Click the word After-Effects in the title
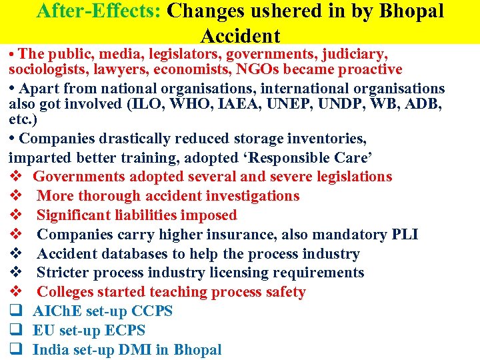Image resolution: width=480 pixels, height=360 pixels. (x=99, y=11)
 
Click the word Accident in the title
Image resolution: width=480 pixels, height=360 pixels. (x=240, y=35)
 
